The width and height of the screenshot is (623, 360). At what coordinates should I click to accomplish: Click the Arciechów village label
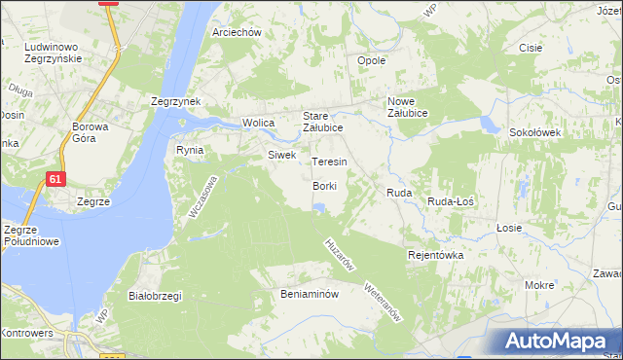(x=238, y=32)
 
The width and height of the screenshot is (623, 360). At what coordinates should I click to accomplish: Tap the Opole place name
(x=373, y=60)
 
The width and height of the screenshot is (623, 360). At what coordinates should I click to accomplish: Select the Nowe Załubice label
(x=415, y=107)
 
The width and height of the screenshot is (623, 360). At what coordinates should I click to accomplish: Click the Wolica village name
(x=259, y=123)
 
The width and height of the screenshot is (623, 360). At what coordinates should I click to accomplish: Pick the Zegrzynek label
(x=175, y=101)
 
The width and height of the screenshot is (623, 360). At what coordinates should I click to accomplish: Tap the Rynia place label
(x=189, y=150)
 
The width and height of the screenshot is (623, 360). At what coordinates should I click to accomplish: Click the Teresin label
(x=329, y=162)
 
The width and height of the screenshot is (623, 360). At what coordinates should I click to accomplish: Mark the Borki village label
(x=325, y=186)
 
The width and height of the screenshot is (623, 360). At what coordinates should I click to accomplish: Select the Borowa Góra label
(x=92, y=133)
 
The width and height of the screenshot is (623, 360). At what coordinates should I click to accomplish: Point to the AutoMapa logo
(x=556, y=342)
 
